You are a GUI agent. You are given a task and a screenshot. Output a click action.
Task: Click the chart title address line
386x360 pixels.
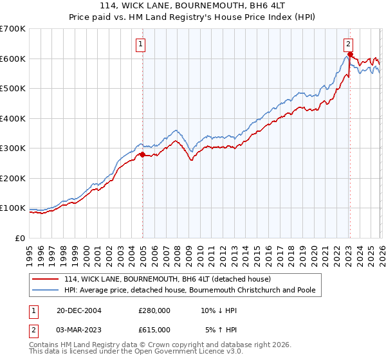coord(193,6)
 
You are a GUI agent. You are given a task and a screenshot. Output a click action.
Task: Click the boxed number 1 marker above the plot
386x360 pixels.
coord(140,44)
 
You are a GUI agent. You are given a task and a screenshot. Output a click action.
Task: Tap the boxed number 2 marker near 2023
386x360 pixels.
coord(347,44)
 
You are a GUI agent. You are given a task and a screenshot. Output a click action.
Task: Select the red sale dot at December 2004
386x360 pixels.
coord(142,154)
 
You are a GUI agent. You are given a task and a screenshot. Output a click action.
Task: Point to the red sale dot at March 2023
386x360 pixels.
coord(349,55)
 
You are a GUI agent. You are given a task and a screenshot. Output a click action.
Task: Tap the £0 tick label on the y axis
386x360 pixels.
coord(21,238)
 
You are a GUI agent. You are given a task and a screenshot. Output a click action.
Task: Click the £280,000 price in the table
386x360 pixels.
coord(154,310)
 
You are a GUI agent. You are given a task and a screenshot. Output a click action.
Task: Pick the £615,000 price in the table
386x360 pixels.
coord(154,329)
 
